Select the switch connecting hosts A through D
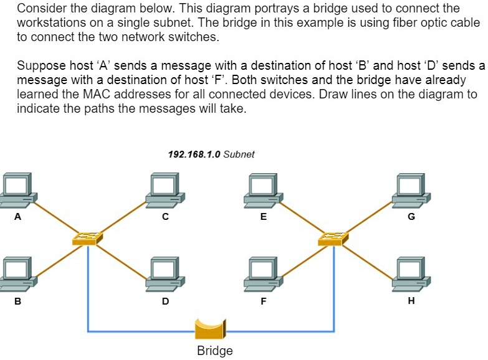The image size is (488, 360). click(x=87, y=239)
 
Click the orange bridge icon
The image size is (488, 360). click(x=210, y=328)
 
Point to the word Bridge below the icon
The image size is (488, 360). click(x=214, y=351)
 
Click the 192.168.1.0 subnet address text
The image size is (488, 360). click(x=194, y=154)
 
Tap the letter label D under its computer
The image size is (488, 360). click(x=165, y=301)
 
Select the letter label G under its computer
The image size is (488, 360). click(x=411, y=217)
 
